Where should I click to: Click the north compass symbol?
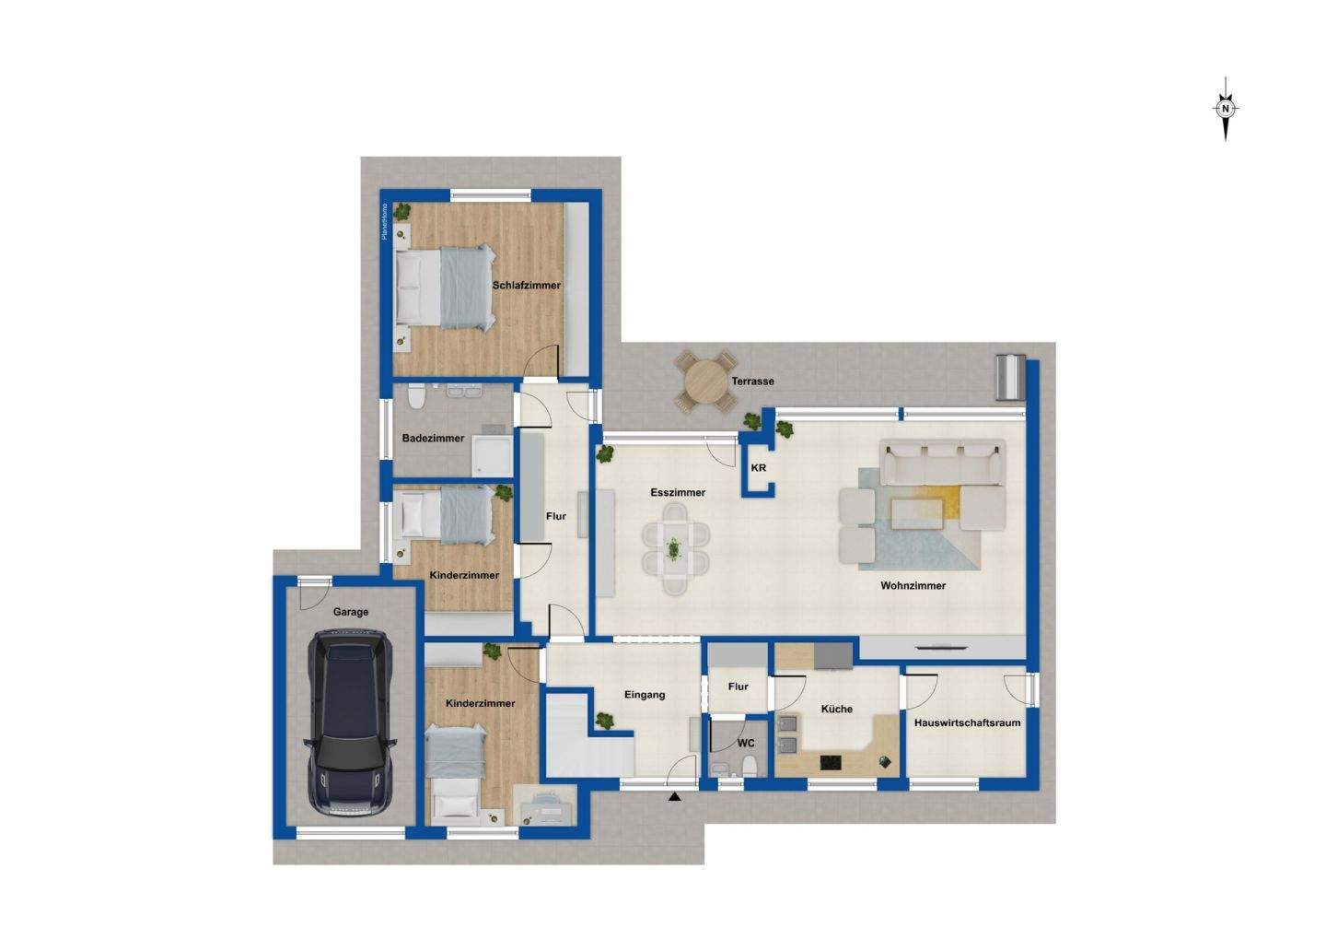coord(1225,109)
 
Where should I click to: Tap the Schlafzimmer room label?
coord(526,286)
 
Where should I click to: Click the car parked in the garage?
coord(351,722)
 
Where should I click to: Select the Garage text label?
coord(351,612)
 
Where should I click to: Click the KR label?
coord(759,468)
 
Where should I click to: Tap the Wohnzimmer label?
coord(913,585)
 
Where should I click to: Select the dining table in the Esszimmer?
coord(676,550)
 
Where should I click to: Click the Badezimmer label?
coord(433,439)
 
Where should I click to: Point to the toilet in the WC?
coord(750,765)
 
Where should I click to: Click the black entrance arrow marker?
coord(675,796)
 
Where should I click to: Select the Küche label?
coord(836,710)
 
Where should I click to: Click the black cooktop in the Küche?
coord(832,762)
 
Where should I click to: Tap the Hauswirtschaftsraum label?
coord(967,723)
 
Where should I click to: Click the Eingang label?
coord(645,695)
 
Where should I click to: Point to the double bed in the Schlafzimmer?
coord(446,287)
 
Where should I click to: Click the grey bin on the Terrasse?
coord(1009,376)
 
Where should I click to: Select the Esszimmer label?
coord(678,493)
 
